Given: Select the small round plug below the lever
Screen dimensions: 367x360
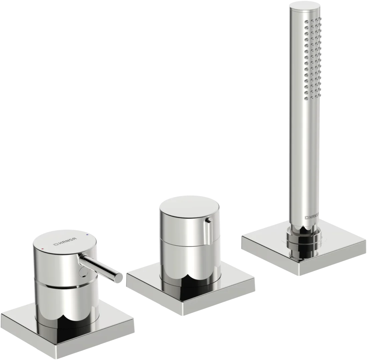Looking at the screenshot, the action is coord(83,272).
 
